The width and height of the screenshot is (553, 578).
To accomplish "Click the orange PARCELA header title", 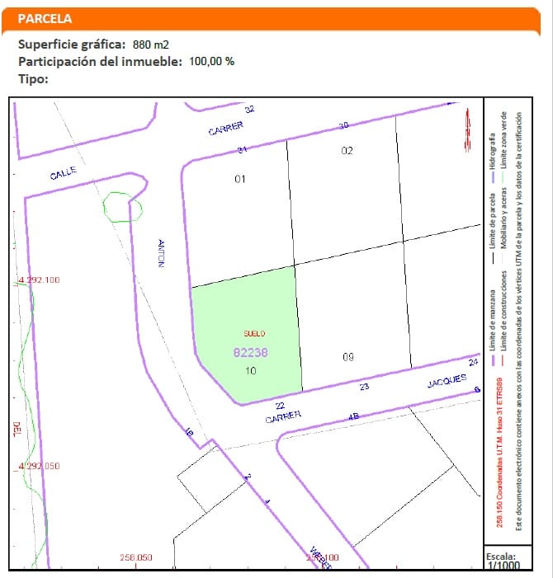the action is [x=45, y=18].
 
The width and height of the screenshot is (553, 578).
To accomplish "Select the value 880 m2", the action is [x=150, y=44].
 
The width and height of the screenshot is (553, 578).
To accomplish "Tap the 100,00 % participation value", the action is [x=212, y=61].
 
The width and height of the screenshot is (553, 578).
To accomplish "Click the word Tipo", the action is [x=33, y=78].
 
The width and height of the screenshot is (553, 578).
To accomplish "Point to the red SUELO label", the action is [x=254, y=334].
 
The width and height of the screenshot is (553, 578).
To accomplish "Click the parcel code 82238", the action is [x=251, y=352].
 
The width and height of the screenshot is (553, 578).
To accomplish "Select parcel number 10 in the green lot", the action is [x=251, y=371].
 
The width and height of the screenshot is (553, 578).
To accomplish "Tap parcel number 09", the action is [x=347, y=357].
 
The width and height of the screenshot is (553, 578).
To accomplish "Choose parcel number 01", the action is [x=241, y=178].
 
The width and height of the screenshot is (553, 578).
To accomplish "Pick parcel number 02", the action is [x=347, y=151].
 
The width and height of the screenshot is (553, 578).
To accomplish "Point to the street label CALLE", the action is [x=63, y=174].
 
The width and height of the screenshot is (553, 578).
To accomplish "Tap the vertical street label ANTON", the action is [x=162, y=251].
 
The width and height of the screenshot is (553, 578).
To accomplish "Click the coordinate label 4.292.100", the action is [x=40, y=280].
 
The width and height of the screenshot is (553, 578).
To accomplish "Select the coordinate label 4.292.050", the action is [x=40, y=466].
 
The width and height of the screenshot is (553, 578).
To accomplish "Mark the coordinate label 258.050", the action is [x=136, y=557].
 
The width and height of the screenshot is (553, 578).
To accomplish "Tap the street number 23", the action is [x=364, y=387].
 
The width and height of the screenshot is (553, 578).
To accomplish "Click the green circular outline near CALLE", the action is [x=122, y=207].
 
